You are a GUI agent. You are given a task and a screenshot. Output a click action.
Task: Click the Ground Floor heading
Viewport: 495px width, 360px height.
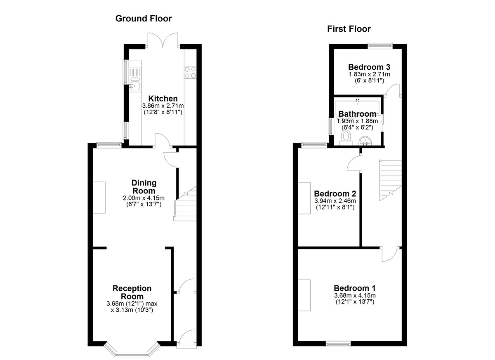[144, 19]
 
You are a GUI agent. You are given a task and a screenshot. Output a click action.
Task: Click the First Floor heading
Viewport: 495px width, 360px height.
[349, 29]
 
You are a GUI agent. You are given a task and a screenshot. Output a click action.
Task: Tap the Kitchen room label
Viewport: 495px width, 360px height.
[163, 99]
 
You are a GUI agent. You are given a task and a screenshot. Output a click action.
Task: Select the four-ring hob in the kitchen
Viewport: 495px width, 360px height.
[190, 73]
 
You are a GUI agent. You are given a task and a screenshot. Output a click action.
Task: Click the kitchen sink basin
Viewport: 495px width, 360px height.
[134, 85]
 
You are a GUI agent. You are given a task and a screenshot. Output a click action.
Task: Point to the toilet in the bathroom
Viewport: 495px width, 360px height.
[346, 138]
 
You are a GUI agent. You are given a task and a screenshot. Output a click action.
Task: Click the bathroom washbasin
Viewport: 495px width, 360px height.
[366, 141]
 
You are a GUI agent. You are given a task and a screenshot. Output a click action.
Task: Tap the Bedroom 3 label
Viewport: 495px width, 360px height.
[369, 67]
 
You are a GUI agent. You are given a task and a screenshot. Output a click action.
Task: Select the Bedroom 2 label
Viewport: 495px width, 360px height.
[335, 194]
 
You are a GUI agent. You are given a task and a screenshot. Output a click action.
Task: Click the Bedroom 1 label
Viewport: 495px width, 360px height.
[355, 288]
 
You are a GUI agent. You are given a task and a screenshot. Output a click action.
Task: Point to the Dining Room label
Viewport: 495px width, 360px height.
[144, 187]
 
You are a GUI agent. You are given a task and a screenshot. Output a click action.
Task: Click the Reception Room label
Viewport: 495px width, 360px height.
[132, 292]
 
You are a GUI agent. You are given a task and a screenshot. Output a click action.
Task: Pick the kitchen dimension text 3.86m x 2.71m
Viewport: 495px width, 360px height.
[163, 106]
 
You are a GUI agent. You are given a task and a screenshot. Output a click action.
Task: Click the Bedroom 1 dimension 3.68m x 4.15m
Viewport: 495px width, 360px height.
[355, 296]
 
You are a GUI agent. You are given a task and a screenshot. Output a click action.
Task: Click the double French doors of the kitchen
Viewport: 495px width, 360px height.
[163, 40]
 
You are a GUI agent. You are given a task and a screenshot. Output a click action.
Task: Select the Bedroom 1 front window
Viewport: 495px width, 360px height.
[339, 344]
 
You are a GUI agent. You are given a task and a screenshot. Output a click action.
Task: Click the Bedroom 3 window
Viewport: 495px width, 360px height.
[380, 46]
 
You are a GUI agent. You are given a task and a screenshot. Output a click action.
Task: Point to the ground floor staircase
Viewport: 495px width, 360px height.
[185, 204]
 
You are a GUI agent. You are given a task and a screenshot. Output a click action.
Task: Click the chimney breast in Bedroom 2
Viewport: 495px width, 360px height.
[304, 198]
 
